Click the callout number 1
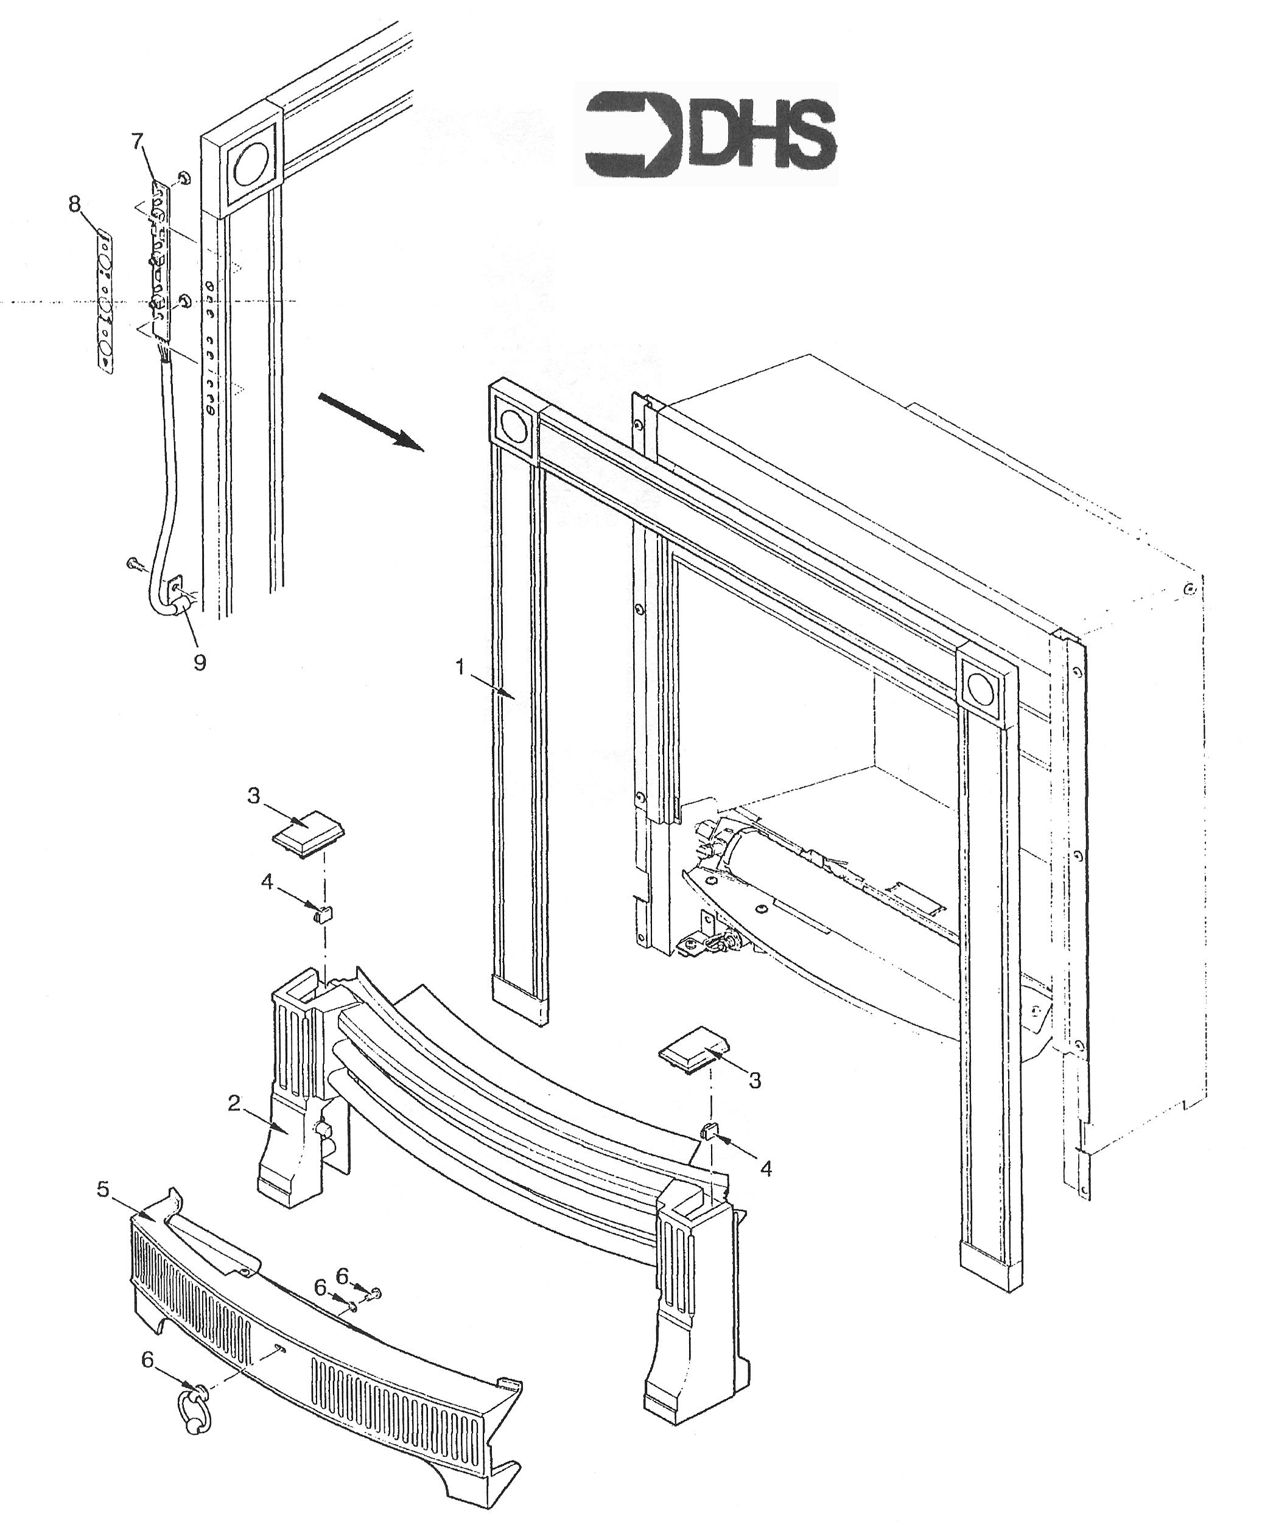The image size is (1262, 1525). [x=460, y=666]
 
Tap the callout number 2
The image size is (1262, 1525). [x=233, y=1123]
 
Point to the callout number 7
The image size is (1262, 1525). [x=138, y=142]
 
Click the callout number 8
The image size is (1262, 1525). [x=74, y=205]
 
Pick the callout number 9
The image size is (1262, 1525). [x=199, y=661]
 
